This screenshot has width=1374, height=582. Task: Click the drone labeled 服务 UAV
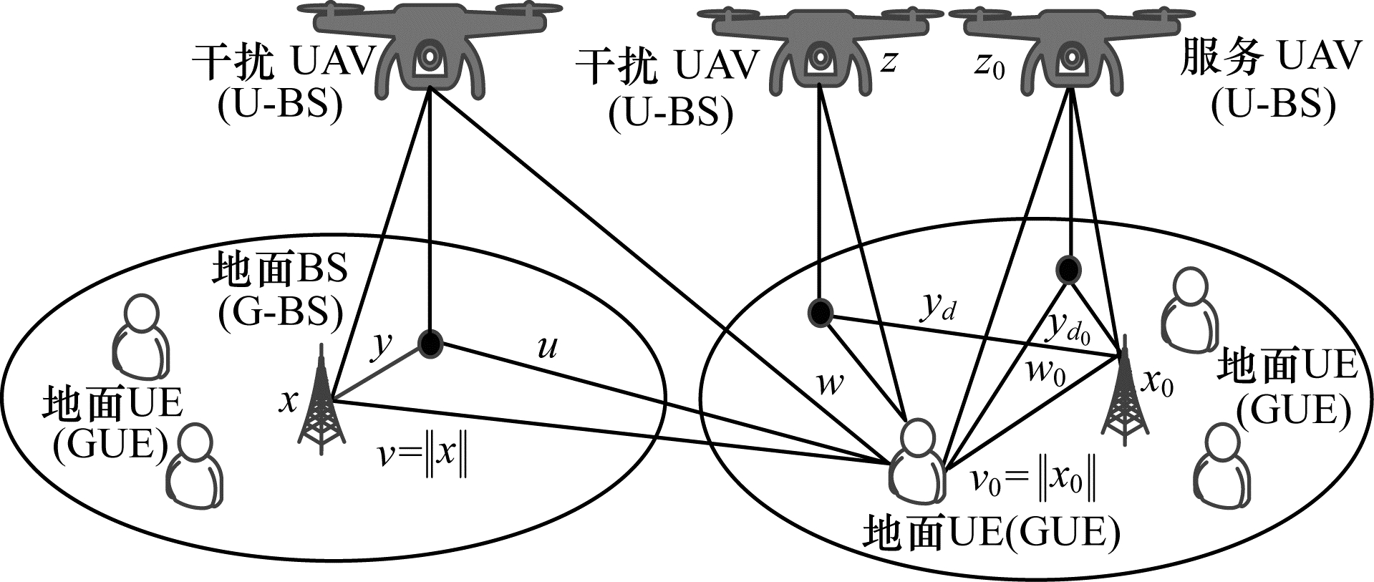click(1069, 50)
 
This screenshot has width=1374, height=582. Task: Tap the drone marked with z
click(818, 50)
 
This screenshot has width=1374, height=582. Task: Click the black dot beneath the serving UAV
click(1068, 270)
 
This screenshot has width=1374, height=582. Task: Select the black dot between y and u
click(430, 344)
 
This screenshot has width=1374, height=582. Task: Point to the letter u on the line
click(547, 347)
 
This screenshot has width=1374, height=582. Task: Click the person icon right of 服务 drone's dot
click(1189, 305)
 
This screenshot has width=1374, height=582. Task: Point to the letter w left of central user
click(830, 386)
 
